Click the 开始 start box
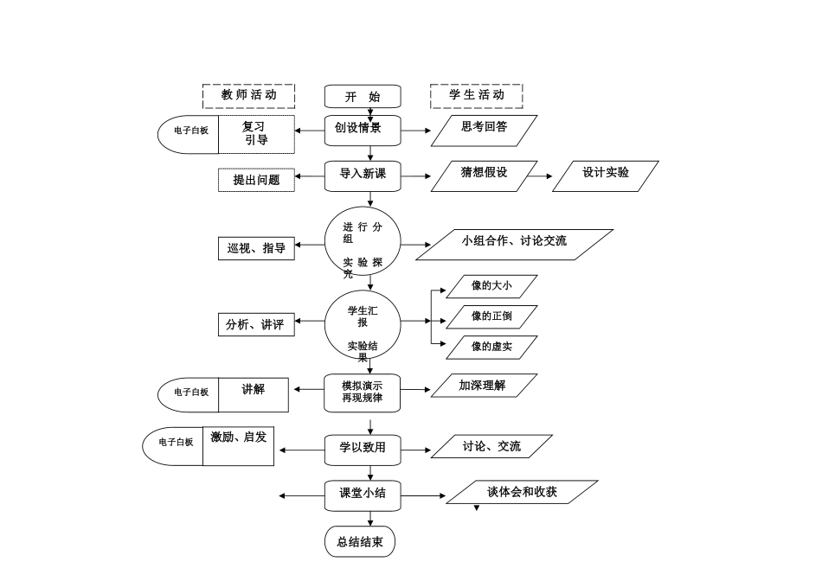click(x=363, y=96)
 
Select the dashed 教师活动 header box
click(x=248, y=95)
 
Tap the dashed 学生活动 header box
click(x=476, y=95)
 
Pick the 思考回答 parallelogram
click(x=485, y=130)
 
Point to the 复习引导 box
click(x=256, y=134)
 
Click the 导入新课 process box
click(x=363, y=176)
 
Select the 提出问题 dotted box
click(x=256, y=180)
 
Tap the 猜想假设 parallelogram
click(x=485, y=176)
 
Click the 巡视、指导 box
click(x=256, y=248)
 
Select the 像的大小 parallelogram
click(x=491, y=286)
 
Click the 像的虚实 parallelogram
click(x=491, y=348)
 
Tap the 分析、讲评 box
click(x=256, y=325)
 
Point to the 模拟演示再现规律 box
click(x=363, y=393)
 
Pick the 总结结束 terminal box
click(x=360, y=542)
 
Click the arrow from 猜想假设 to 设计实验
click(x=540, y=176)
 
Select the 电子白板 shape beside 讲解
click(x=189, y=393)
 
